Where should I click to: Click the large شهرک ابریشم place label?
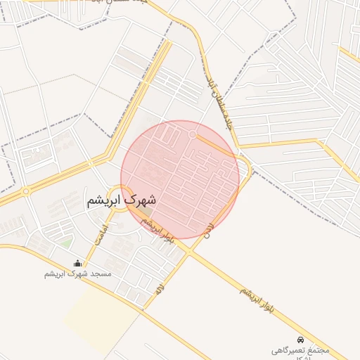122,200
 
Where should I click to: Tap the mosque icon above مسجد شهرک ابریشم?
77,264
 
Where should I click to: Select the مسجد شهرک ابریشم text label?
76,274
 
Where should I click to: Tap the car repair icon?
301,339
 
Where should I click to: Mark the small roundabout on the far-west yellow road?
26,191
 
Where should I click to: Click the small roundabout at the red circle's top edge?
193,134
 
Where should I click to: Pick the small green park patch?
65,243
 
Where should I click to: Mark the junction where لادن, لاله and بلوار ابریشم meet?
188,251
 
